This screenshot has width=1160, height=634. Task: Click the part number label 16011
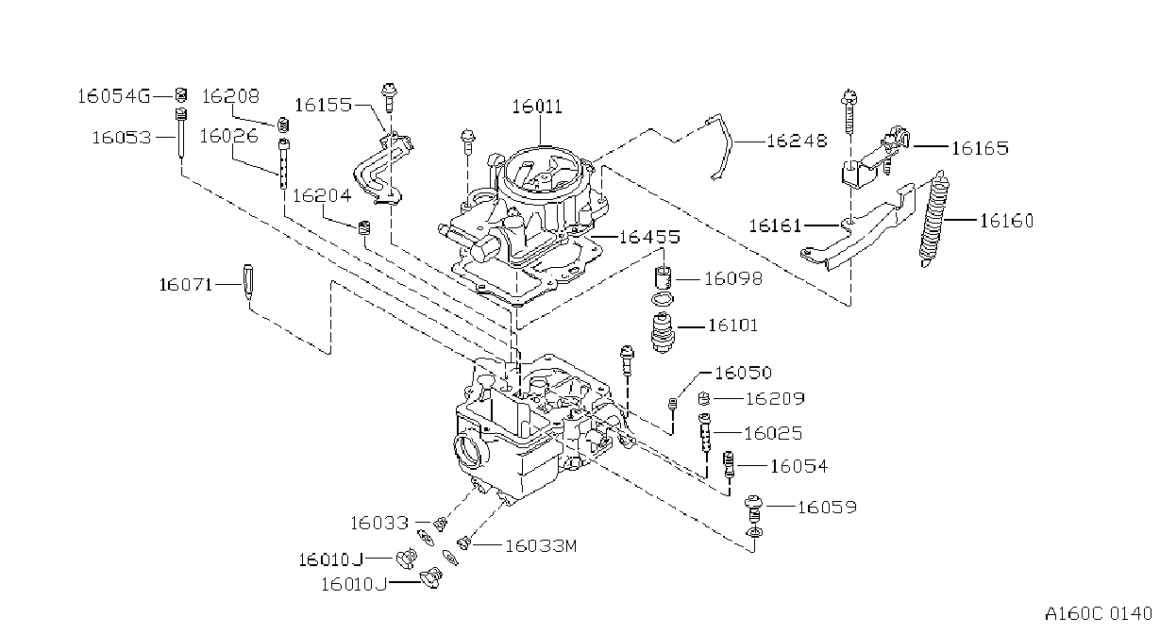537,107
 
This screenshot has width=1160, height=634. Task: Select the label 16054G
114,96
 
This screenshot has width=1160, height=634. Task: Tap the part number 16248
797,141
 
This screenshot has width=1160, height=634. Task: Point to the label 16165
981,148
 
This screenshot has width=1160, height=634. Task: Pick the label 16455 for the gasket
649,237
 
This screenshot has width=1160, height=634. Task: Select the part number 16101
732,325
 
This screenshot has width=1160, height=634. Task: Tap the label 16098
733,279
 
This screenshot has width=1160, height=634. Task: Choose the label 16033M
541,546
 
